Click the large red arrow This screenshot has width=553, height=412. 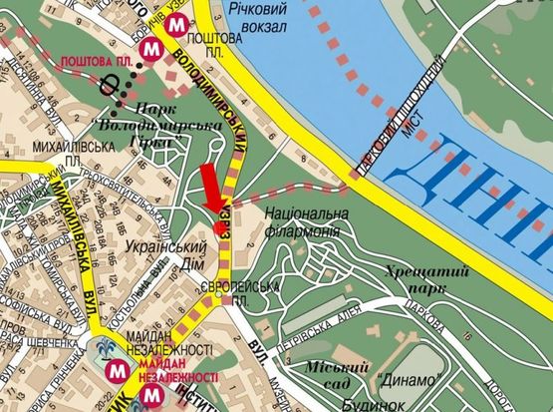click(212, 187)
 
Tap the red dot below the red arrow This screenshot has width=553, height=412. click(220, 227)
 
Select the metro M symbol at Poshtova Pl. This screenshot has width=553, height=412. click(151, 47)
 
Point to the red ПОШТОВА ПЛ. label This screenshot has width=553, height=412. click(98, 61)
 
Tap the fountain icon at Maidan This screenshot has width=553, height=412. click(106, 350)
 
